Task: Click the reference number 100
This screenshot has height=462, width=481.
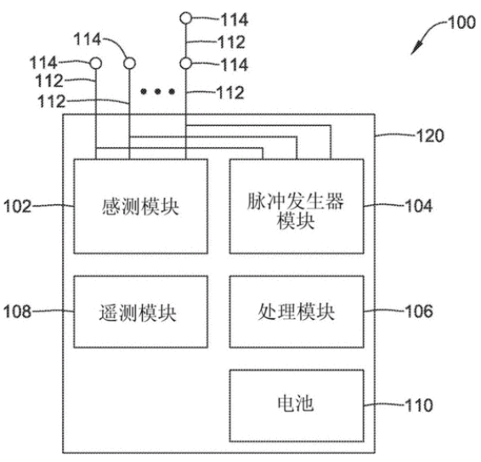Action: click(x=461, y=22)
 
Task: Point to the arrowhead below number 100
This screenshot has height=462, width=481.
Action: click(x=416, y=48)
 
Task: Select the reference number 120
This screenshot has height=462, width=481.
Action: click(x=430, y=136)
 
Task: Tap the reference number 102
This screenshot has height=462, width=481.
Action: click(x=17, y=206)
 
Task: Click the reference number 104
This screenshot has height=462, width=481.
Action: click(x=419, y=206)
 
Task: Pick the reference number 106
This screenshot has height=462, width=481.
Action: click(x=419, y=311)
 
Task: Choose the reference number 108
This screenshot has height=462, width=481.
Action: click(x=17, y=311)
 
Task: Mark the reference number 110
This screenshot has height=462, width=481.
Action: click(x=419, y=405)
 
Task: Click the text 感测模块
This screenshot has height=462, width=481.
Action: click(x=140, y=207)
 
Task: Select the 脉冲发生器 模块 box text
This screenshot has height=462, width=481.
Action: click(x=296, y=211)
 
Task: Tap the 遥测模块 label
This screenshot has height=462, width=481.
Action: click(x=138, y=313)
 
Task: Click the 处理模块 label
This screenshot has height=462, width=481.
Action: click(x=296, y=311)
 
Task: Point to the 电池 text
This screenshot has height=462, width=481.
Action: click(x=296, y=403)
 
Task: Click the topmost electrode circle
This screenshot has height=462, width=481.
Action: click(x=186, y=18)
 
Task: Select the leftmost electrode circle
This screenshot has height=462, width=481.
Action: click(x=96, y=64)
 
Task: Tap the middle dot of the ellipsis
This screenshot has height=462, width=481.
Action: click(x=158, y=91)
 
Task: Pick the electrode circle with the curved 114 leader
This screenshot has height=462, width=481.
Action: click(x=129, y=63)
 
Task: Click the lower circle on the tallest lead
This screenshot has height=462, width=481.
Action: click(x=186, y=64)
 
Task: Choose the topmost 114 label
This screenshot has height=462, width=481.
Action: click(x=235, y=20)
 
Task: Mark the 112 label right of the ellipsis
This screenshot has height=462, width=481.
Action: click(x=230, y=93)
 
